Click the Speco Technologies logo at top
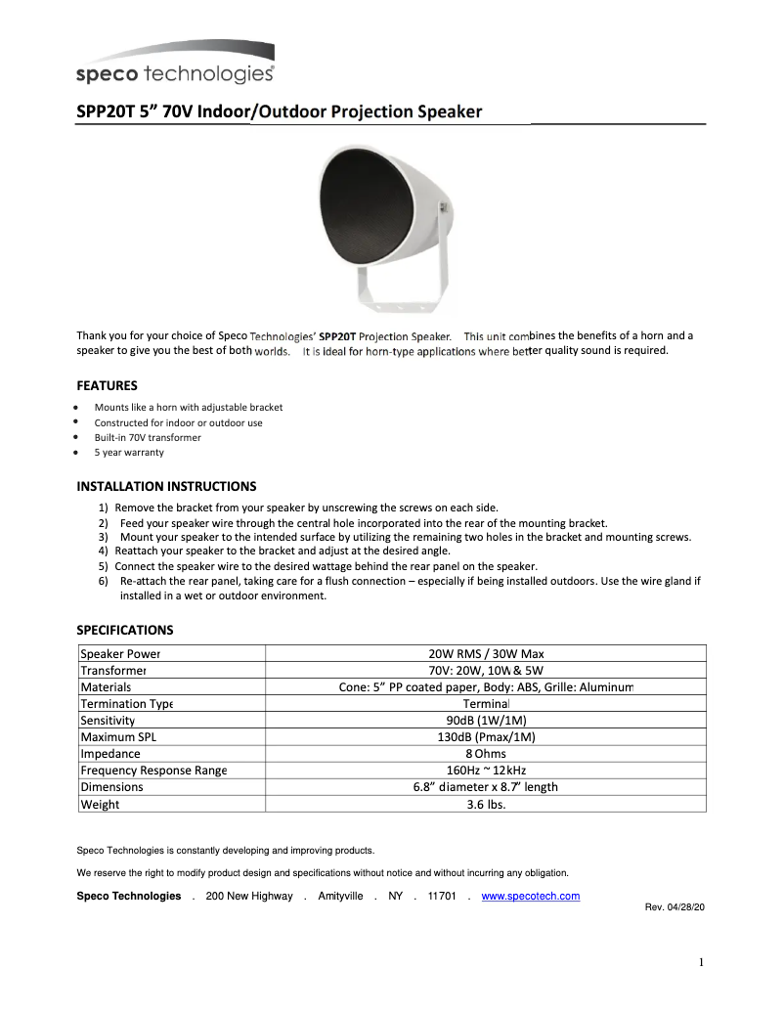175,66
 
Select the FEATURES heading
107,385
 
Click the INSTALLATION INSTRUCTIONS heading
166,486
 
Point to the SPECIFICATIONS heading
125,630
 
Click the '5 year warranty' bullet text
129,453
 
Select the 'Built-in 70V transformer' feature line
148,438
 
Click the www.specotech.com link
531,896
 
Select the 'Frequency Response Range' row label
153,771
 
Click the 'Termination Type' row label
127,704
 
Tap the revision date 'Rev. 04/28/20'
675,907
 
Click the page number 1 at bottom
701,962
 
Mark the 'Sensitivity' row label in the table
108,721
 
